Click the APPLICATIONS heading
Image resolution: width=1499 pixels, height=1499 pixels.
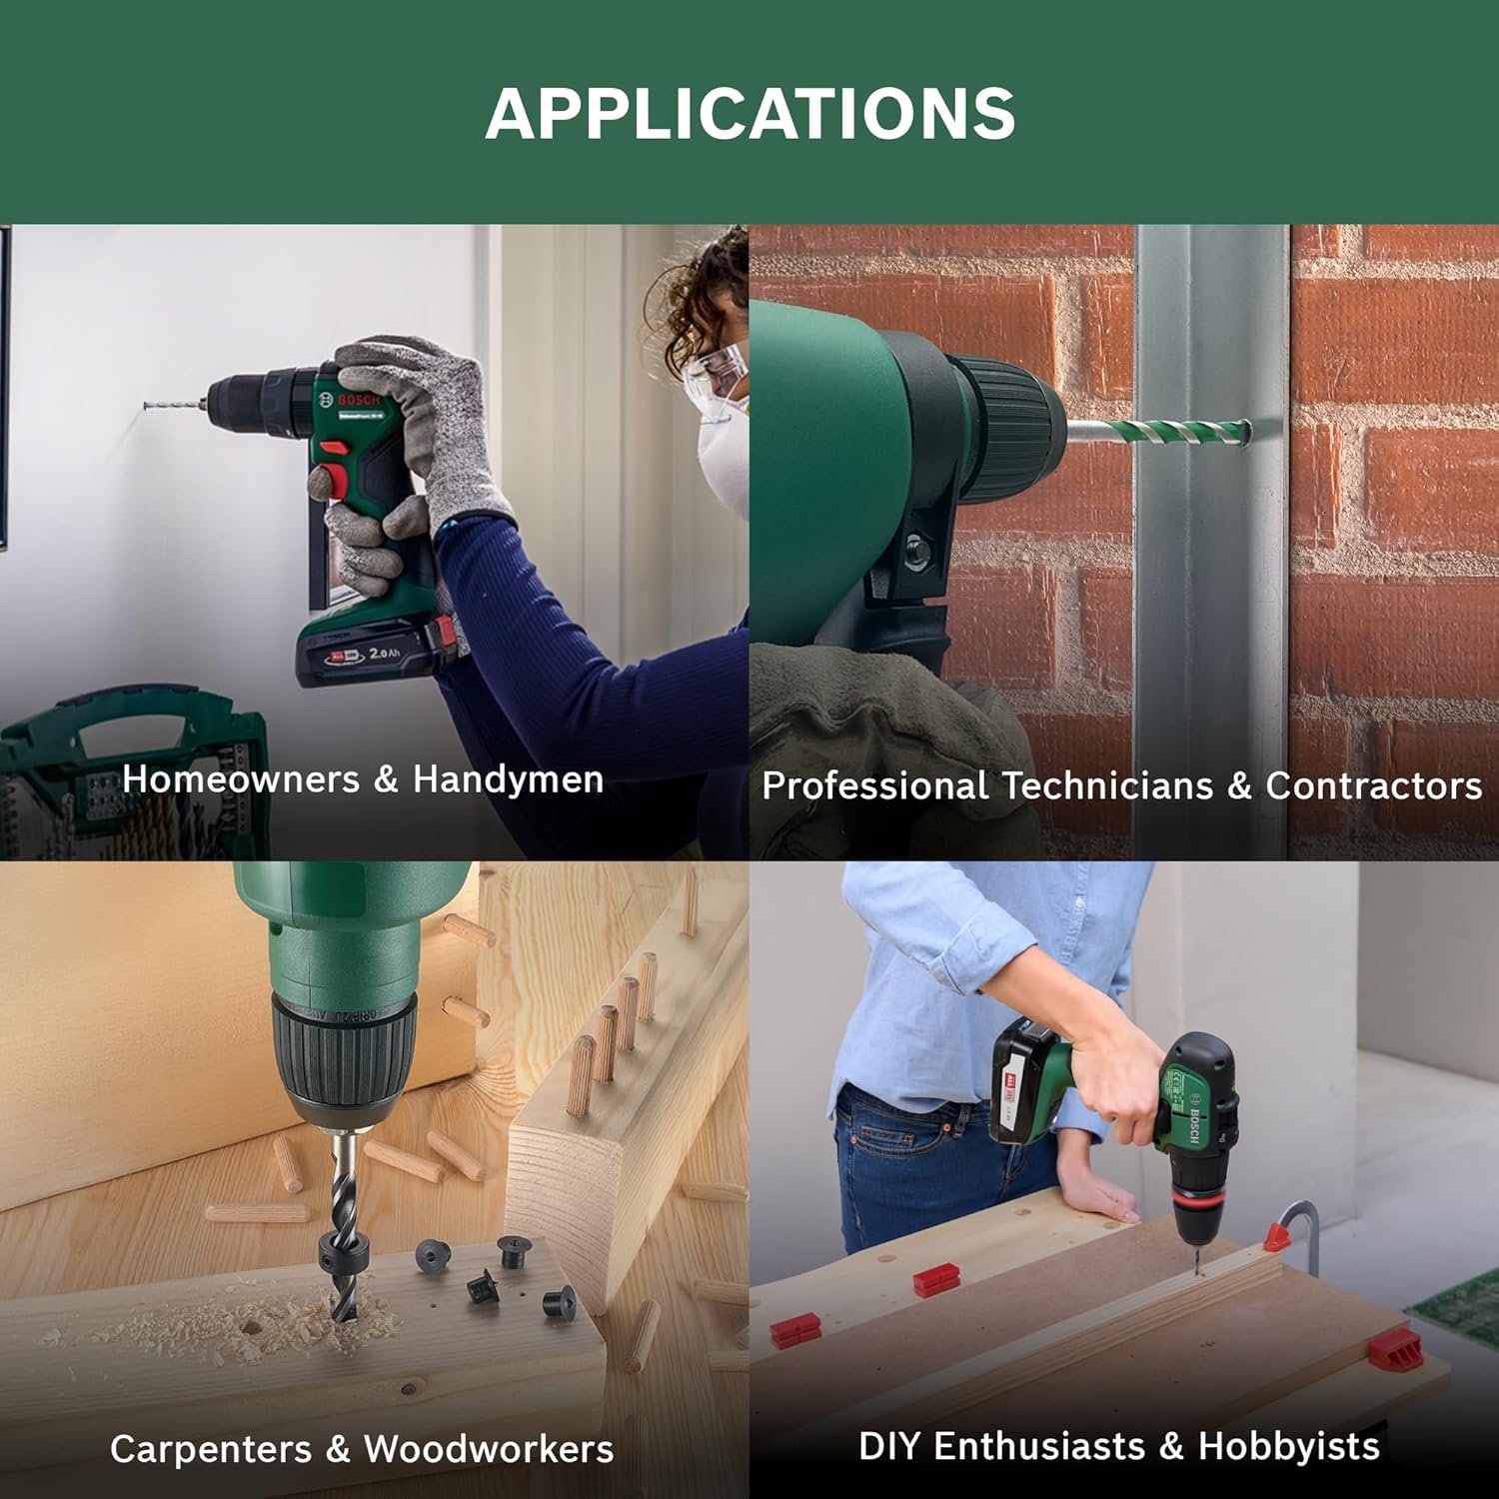pos(749,112)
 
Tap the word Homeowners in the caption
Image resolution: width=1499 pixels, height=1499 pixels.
pos(241,779)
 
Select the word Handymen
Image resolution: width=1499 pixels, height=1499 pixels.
pos(509,779)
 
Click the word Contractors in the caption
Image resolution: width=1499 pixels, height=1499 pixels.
pos(1374,785)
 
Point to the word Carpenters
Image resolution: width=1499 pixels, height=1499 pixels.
pos(210,1449)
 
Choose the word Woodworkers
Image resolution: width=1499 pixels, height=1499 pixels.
pos(489,1449)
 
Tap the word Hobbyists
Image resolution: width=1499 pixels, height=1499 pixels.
pos(1289,1446)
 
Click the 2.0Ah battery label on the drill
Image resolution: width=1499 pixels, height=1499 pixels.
pos(384,654)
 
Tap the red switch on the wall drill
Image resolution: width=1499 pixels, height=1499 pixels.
pos(336,482)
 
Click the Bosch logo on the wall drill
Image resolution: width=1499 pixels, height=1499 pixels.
pos(360,400)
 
